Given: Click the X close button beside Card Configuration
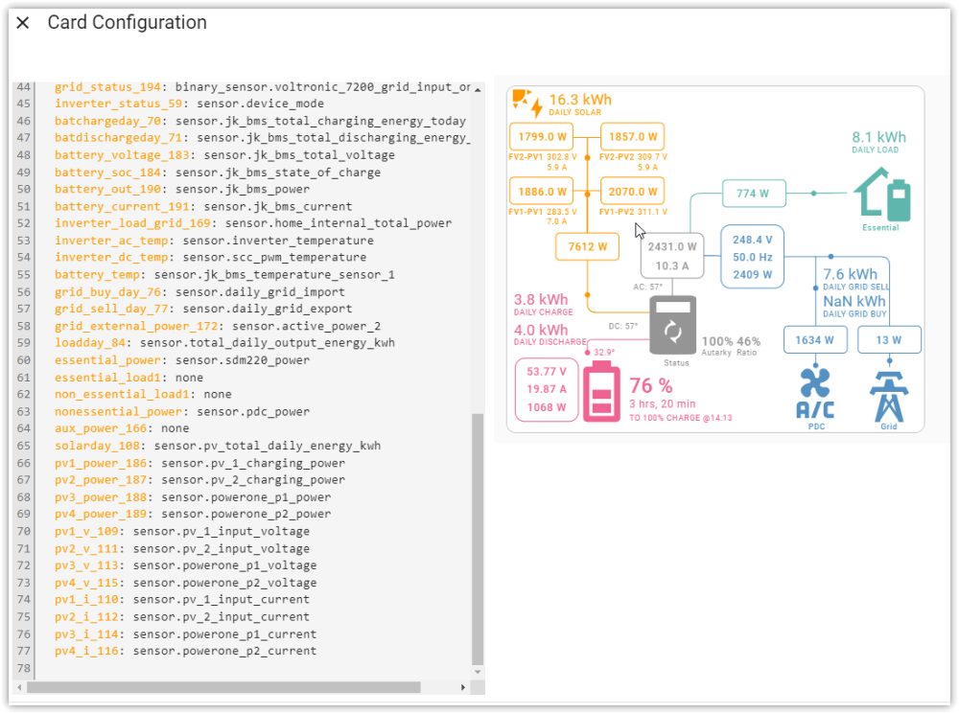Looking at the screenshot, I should coord(23,23).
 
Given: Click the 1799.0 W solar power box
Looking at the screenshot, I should coord(542,137).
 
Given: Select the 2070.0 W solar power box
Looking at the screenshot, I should coord(632,192).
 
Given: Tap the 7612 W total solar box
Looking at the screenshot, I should coord(587,246).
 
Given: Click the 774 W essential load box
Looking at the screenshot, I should coord(753,194).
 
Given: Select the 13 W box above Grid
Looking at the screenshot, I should coord(888,339).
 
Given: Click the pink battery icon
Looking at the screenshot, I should coord(602,392).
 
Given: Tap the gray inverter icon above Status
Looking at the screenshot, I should coord(674,326).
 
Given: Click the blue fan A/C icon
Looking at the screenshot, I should coord(815,393).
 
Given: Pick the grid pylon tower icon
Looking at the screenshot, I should coord(888,394).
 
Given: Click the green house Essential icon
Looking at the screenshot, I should coord(881,195).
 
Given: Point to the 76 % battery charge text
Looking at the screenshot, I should coord(650,386).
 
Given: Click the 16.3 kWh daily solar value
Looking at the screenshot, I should coord(579,100).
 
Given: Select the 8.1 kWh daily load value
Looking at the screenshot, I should coord(878,137).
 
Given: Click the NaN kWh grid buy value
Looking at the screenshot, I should coord(854,301).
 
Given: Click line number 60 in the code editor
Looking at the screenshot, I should coord(24,360).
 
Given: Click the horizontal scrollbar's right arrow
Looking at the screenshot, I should coord(463,687).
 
